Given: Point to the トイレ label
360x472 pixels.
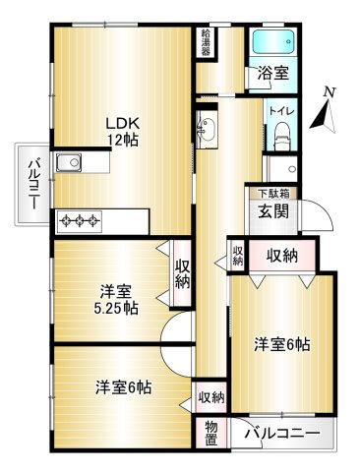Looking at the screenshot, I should point(279,112).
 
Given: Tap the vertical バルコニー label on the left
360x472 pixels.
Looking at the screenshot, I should point(32,183).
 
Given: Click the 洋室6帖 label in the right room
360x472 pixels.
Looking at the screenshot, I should point(283,344).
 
